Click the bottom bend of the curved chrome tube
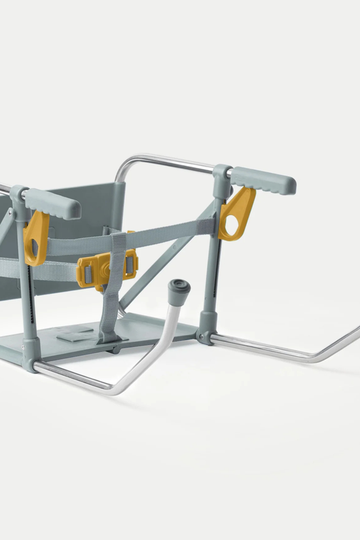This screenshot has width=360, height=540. (x=118, y=389)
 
